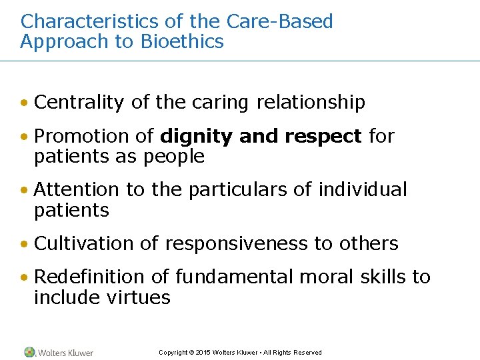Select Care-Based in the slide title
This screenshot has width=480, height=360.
point(279,21)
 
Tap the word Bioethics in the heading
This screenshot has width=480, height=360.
point(182,41)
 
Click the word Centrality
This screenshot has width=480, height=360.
point(79,102)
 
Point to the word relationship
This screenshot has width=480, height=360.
point(311,102)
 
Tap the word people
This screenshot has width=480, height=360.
point(175,157)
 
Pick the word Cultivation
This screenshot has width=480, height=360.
point(82,243)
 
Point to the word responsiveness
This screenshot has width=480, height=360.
point(237,243)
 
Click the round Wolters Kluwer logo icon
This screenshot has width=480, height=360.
point(29,352)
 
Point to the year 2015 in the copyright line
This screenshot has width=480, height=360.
point(203,353)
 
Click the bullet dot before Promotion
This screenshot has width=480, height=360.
point(25,137)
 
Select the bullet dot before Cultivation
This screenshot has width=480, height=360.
point(25,245)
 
